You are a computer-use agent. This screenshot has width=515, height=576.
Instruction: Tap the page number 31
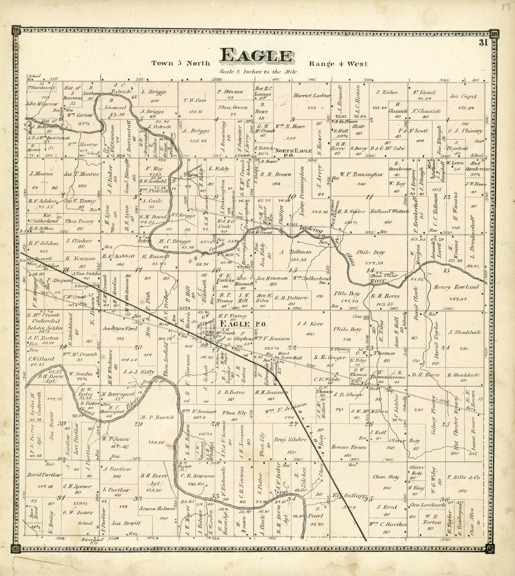483,43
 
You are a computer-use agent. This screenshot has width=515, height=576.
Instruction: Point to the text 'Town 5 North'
180,64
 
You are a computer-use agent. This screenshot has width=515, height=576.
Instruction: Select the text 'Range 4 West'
338,64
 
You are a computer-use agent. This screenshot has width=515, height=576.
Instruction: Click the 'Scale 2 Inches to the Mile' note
257,72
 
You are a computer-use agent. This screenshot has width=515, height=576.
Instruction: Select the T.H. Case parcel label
195,100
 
